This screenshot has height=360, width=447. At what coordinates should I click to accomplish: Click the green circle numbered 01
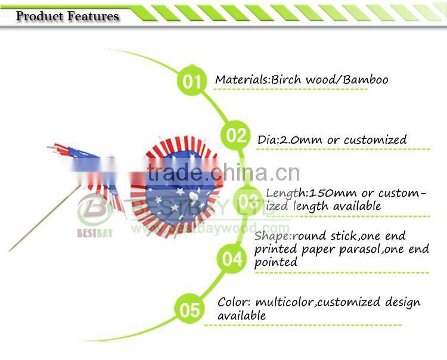tap(191, 80)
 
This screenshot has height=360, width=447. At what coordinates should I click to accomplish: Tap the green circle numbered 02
tap(236, 135)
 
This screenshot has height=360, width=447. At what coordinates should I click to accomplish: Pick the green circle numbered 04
tap(232, 259)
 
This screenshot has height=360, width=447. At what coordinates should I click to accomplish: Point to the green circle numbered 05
tap(190, 310)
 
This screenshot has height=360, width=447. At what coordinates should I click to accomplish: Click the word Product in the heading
tap(40, 16)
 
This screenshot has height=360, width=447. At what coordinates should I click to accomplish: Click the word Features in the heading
tap(93, 16)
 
